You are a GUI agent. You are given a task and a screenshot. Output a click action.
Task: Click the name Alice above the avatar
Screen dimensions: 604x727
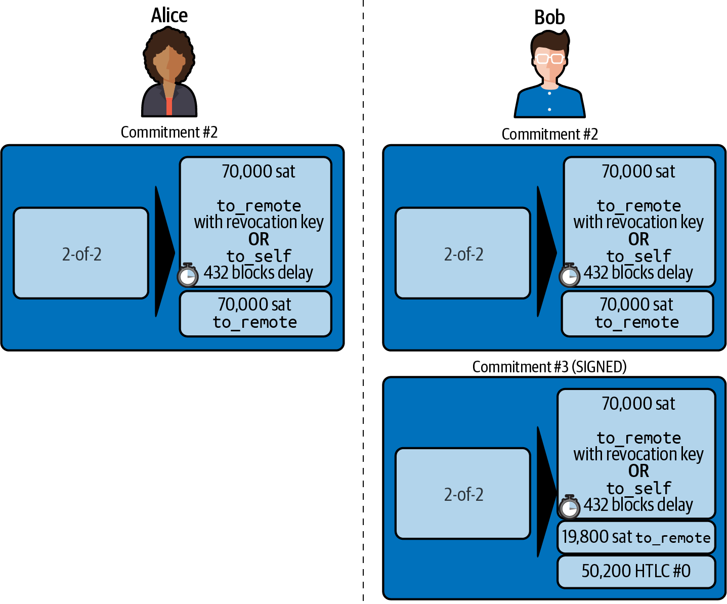(x=169, y=16)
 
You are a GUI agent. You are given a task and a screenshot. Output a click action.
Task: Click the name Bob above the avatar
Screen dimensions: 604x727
(x=549, y=18)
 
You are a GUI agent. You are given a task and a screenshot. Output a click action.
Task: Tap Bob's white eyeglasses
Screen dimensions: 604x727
(x=550, y=58)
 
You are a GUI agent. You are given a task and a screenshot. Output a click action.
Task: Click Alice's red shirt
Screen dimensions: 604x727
(x=169, y=106)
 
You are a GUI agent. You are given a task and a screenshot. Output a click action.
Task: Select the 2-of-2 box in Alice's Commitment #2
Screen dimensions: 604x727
(x=81, y=253)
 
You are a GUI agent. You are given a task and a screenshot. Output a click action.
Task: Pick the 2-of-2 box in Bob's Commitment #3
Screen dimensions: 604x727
(x=463, y=494)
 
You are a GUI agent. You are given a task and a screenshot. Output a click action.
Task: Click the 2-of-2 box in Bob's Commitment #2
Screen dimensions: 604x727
(x=463, y=253)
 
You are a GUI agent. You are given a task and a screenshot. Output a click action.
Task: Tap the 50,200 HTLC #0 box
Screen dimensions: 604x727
(x=636, y=571)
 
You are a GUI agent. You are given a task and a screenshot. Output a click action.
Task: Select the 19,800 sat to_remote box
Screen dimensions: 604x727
(x=636, y=537)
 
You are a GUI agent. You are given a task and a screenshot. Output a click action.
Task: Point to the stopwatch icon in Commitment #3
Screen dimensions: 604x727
(x=570, y=507)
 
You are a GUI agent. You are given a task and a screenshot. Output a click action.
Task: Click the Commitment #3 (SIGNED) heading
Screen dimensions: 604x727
(x=549, y=367)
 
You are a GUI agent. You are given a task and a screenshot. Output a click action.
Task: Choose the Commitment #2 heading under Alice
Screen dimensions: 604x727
(x=169, y=133)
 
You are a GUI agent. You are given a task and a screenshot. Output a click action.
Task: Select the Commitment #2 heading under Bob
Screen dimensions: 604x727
(x=549, y=135)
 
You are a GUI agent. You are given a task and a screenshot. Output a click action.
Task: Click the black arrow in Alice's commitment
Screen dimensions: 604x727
(x=163, y=252)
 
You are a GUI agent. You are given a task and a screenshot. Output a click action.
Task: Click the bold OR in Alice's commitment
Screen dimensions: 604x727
(x=259, y=239)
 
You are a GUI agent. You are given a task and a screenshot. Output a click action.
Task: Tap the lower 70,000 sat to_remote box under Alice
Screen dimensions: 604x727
(x=255, y=314)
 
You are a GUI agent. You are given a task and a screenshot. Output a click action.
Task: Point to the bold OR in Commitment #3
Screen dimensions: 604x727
(x=638, y=471)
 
